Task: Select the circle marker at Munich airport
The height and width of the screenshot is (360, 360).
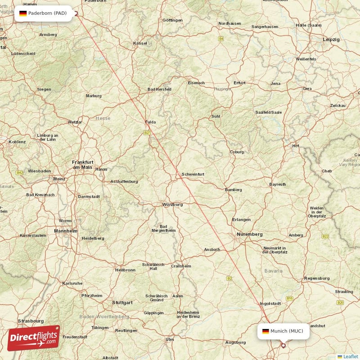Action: pyautogui.click(x=283, y=346)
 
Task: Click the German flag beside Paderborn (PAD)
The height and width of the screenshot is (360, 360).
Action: pyautogui.click(x=23, y=13)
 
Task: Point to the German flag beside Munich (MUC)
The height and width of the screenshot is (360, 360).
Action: pyautogui.click(x=265, y=331)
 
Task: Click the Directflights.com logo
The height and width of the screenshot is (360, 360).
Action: pyautogui.click(x=34, y=338)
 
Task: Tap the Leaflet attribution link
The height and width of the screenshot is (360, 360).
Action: pyautogui.click(x=351, y=356)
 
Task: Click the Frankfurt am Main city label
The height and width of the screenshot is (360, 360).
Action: pyautogui.click(x=83, y=164)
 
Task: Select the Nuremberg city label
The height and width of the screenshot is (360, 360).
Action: pyautogui.click(x=250, y=234)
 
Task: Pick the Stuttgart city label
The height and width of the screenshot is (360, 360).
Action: pyautogui.click(x=122, y=302)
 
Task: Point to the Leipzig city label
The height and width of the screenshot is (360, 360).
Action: pyautogui.click(x=331, y=40)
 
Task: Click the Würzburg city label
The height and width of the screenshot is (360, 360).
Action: pyautogui.click(x=172, y=204)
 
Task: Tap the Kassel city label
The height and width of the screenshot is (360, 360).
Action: pyautogui.click(x=140, y=43)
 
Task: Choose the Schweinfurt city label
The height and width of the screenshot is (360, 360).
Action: pyautogui.click(x=193, y=174)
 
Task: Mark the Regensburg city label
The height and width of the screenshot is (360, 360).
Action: pyautogui.click(x=317, y=279)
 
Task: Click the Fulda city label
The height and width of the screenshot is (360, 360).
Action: pyautogui.click(x=150, y=122)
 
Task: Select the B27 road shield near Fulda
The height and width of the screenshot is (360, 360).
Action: pyautogui.click(x=147, y=133)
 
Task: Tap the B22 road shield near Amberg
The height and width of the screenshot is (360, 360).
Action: pyautogui.click(x=325, y=236)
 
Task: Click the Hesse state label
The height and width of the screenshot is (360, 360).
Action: pyautogui.click(x=103, y=118)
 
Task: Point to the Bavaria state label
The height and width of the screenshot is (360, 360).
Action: pyautogui.click(x=274, y=271)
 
